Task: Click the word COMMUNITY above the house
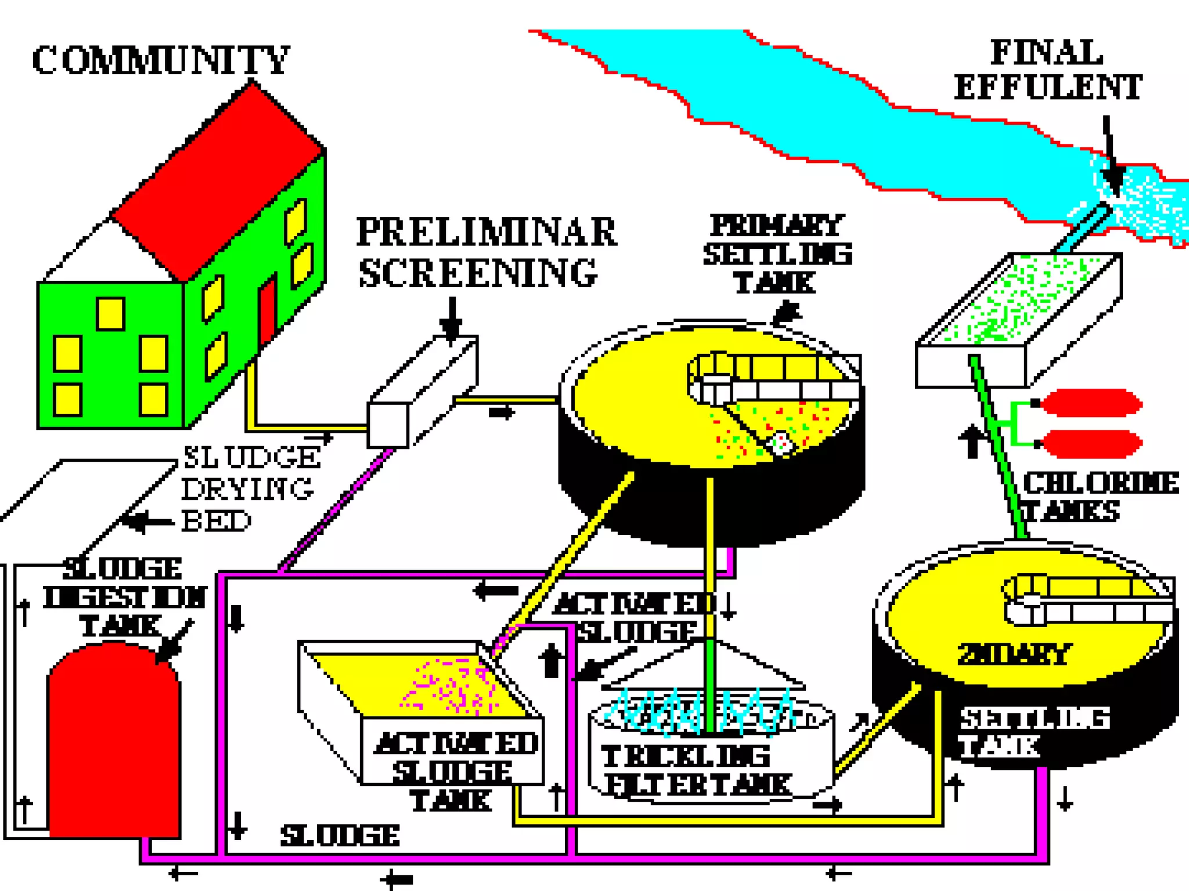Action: tap(160, 60)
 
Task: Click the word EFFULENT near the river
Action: tap(1048, 88)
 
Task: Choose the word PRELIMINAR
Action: tap(487, 232)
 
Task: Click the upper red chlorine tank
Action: tap(1091, 403)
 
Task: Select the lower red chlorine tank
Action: tap(1091, 444)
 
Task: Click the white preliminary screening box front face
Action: tap(388, 425)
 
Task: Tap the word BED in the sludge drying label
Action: tap(216, 521)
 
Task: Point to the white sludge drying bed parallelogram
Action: tap(87, 493)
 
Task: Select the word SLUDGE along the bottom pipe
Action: tap(340, 836)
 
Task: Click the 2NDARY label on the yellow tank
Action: tap(1013, 654)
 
